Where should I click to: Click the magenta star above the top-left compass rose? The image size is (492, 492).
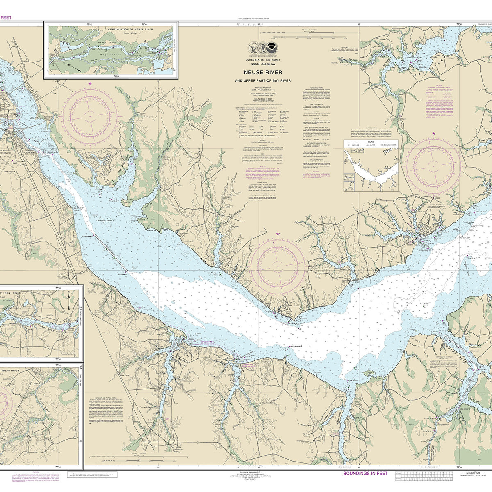tap(90, 84)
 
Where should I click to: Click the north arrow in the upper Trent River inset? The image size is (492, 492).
tap(68, 295)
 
